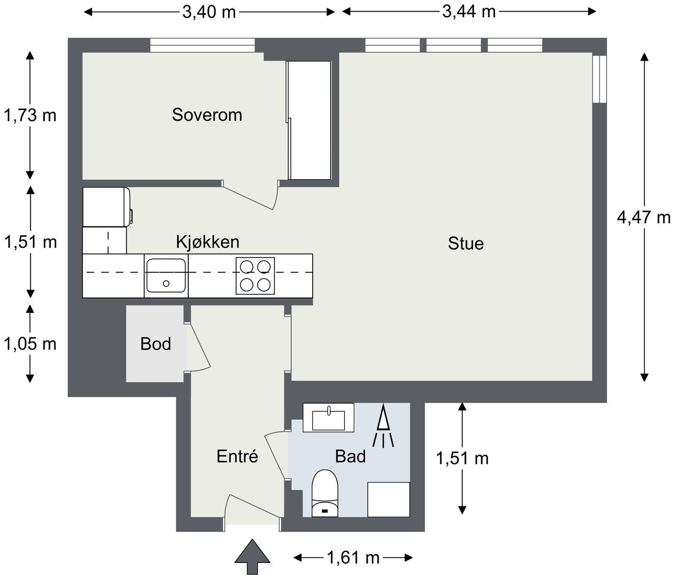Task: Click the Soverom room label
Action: tap(207, 115)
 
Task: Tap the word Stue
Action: tap(465, 244)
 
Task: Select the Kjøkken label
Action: tap(208, 242)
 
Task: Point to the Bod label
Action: tap(156, 344)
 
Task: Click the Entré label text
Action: tap(237, 456)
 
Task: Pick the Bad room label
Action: tap(350, 456)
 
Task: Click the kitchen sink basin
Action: tap(166, 276)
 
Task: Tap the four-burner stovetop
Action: tap(255, 276)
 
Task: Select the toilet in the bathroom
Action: tap(325, 493)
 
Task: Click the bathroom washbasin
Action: tap(329, 417)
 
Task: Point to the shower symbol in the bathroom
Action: tap(383, 425)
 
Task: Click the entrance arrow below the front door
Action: tap(252, 556)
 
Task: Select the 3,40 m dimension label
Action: tap(209, 12)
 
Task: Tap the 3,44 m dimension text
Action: tap(469, 11)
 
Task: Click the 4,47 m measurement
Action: tap(644, 218)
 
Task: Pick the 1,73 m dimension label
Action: tap(30, 115)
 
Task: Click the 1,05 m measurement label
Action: tap(30, 344)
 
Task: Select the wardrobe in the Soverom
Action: tap(309, 120)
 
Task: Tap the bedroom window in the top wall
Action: tap(203, 45)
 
